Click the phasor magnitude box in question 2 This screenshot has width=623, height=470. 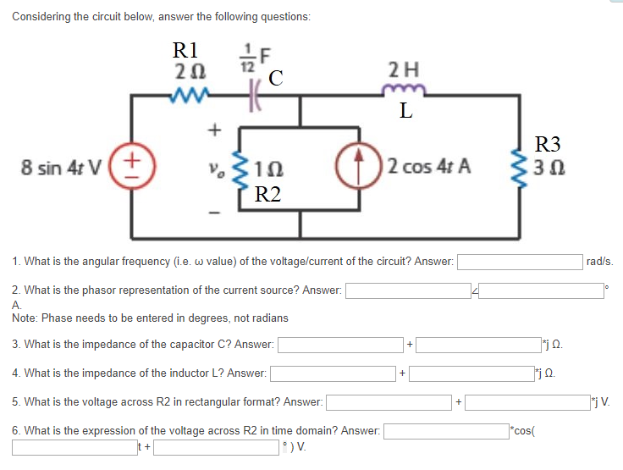(x=407, y=290)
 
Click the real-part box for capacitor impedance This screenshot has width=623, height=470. (x=341, y=345)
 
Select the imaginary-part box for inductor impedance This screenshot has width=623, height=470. (x=471, y=373)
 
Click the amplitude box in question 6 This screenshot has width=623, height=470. (x=445, y=430)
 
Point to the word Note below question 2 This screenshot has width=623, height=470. (x=25, y=318)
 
